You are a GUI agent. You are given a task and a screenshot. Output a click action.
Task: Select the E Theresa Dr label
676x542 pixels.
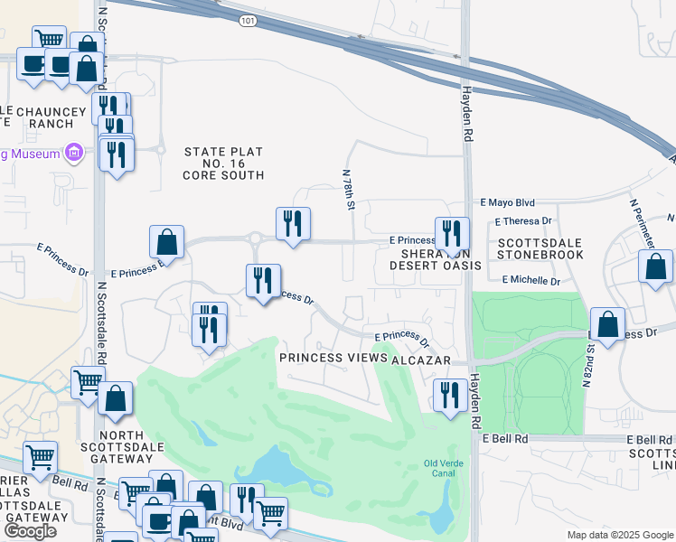(x=522, y=221)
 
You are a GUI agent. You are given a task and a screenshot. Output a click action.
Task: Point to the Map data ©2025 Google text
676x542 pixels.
(x=619, y=535)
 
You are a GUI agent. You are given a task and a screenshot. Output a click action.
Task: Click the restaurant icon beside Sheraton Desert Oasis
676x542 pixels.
(x=451, y=234)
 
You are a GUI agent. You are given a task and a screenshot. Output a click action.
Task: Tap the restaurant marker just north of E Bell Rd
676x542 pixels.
(x=449, y=395)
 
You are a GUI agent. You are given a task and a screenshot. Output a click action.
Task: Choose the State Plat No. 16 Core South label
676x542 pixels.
(x=224, y=164)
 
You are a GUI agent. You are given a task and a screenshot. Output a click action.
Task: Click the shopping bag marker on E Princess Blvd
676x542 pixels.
(x=167, y=242)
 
